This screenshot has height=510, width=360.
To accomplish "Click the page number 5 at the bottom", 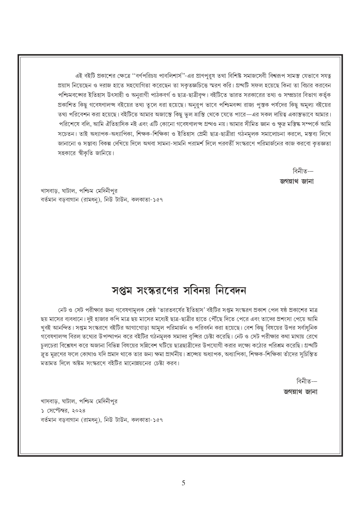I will pos(183,483).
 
